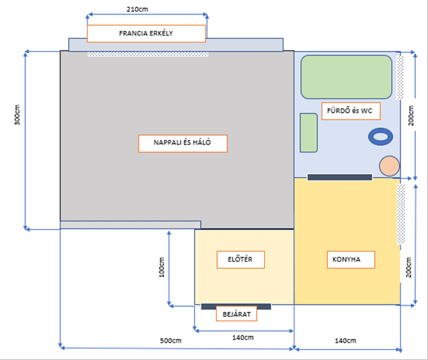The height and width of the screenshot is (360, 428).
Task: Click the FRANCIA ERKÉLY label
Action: click(146, 34)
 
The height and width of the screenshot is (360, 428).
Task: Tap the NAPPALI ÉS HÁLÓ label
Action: click(183, 143)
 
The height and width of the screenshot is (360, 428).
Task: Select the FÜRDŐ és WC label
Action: click(351, 111)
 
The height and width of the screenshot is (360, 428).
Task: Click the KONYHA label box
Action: click(351, 259)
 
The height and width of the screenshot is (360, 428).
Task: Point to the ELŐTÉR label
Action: click(240, 259)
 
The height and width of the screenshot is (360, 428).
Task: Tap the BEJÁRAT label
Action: click(237, 314)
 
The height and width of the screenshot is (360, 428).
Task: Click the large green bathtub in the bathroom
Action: click(346, 77)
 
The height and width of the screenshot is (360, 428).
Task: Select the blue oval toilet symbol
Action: click(381, 137)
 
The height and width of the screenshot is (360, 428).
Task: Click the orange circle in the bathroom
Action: click(389, 166)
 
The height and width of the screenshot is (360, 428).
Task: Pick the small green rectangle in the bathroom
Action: click(309, 132)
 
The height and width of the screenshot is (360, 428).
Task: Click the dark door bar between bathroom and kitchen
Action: click(340, 177)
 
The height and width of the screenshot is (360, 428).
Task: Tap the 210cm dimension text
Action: click(137, 9)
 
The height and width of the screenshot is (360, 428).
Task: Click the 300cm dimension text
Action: click(17, 115)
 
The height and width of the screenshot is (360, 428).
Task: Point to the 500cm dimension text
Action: click(170, 341)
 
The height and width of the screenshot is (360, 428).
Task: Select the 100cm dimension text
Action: click(162, 267)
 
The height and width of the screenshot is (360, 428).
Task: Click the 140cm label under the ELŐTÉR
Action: click(243, 338)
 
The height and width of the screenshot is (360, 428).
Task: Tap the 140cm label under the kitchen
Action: click(345, 341)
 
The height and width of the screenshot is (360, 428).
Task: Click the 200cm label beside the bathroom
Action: click(411, 116)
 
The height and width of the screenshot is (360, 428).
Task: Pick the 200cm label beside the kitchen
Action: click(409, 267)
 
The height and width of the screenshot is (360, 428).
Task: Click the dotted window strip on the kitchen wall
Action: click(401, 214)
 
